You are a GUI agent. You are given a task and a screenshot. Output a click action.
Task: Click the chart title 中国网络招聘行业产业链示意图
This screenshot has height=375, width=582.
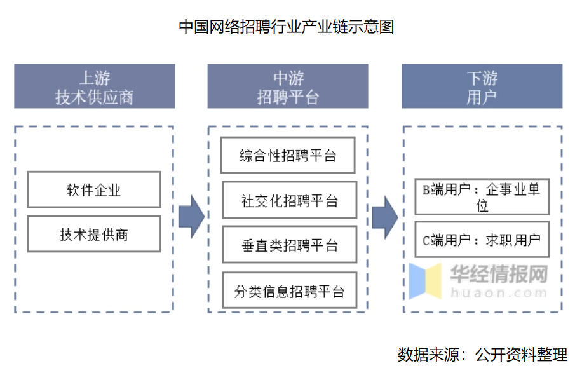(x=287, y=27)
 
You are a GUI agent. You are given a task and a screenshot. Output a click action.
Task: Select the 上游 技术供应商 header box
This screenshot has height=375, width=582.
(x=94, y=86)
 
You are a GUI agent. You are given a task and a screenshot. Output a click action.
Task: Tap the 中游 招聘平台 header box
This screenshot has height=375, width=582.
(x=288, y=86)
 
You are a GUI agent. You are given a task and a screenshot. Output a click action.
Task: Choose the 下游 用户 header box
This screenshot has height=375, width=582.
(x=482, y=86)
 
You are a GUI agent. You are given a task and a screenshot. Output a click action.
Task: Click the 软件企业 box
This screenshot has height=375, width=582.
(x=94, y=189)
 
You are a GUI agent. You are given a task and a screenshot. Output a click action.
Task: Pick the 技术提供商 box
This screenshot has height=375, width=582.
(x=94, y=234)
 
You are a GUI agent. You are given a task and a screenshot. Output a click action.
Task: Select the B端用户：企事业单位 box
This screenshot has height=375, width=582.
(x=481, y=197)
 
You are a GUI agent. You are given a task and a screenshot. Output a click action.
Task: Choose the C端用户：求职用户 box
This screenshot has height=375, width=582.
(x=481, y=240)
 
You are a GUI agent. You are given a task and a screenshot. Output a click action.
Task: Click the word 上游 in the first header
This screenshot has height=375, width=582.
(x=94, y=78)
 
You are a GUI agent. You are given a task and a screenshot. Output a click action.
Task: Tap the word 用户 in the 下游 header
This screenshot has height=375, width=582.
(x=482, y=97)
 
